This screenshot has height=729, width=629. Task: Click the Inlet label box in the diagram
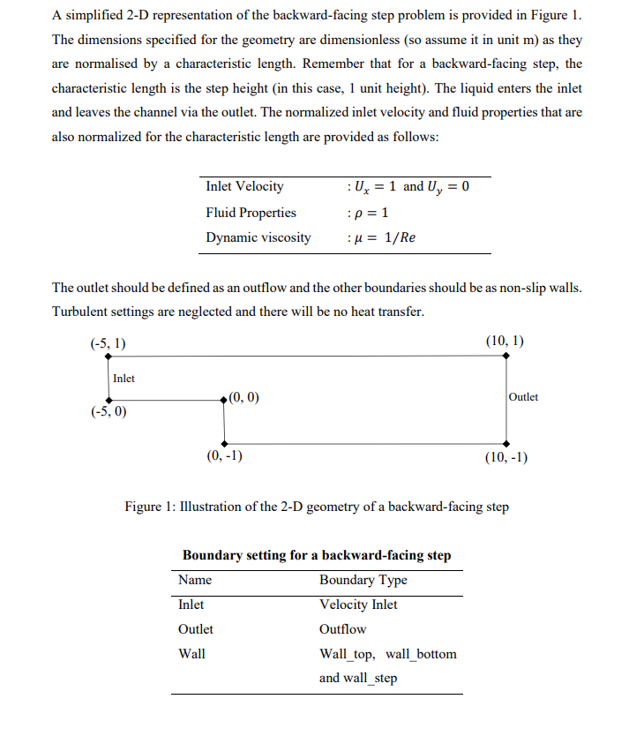124,379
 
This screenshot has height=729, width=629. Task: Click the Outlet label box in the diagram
523,397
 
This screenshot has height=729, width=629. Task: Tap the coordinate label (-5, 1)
108,342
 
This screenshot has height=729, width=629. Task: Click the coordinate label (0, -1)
224,456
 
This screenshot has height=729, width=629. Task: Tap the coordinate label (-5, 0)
108,412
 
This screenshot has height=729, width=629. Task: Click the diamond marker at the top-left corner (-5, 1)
108,357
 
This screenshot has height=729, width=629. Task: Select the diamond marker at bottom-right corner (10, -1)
505,443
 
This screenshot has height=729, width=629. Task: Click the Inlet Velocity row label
244,186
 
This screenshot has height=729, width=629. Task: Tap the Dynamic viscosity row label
258,237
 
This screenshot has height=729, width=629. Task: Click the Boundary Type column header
363,580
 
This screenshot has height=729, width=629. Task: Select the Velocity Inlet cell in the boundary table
357,605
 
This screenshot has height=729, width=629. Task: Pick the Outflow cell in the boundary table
342,629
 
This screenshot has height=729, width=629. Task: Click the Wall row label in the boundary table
191,654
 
